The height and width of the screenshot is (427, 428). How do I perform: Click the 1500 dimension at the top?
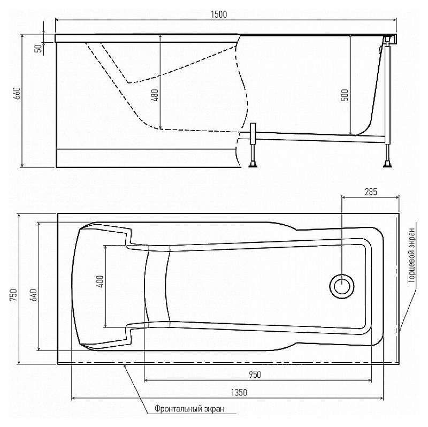click(x=219, y=14)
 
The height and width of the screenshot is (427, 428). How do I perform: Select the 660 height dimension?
click(x=17, y=93)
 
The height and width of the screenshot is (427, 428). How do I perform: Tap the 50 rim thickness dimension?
click(x=39, y=48)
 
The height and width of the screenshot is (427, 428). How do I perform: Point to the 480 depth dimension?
click(x=155, y=95)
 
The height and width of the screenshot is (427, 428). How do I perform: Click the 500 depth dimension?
click(x=345, y=95)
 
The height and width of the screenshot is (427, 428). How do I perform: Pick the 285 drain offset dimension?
click(x=371, y=192)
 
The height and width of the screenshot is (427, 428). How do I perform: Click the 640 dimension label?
click(x=33, y=295)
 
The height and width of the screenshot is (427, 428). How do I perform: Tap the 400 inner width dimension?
click(x=100, y=281)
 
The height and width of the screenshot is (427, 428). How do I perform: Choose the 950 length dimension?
click(x=255, y=375)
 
